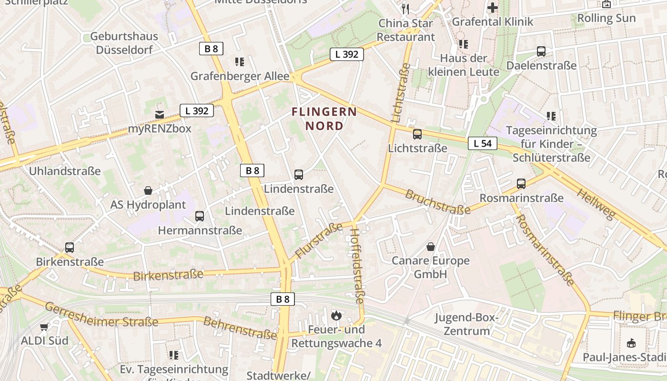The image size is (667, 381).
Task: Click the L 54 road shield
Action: (x=482, y=143)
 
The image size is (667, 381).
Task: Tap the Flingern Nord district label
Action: (x=324, y=119)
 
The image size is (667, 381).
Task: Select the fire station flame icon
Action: (x=336, y=315)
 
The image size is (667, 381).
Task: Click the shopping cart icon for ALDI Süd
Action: (x=44, y=327)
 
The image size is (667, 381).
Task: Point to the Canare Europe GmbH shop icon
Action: (x=431, y=247)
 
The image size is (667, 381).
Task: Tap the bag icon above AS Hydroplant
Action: (x=148, y=191)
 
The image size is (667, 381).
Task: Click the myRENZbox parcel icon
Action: (x=160, y=115)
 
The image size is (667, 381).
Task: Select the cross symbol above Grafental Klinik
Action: (x=493, y=8)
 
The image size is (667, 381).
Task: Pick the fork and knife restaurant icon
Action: (x=405, y=8)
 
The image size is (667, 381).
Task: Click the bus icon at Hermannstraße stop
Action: (x=200, y=216)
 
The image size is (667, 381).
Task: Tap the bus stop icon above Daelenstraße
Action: (x=541, y=51)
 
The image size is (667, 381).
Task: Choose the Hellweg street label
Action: (x=596, y=204)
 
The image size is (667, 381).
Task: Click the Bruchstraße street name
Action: (x=437, y=201)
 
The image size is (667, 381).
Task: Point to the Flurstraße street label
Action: (x=319, y=241)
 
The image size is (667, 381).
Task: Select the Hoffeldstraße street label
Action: (x=357, y=266)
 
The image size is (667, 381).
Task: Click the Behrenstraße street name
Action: (x=240, y=328)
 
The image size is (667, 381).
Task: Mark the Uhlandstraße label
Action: (x=65, y=171)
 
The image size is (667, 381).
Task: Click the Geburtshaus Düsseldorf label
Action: (x=124, y=43)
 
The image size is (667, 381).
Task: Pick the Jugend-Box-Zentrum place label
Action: (x=466, y=324)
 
